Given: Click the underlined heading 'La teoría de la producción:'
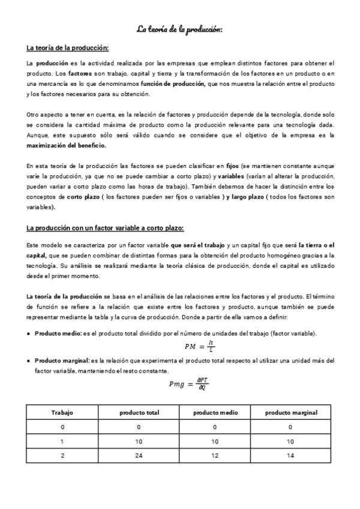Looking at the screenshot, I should point(67,48).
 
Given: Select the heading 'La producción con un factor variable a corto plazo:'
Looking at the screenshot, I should point(105,228).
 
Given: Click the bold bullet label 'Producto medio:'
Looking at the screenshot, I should point(58,333).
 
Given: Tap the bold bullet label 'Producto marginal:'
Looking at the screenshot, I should point(61,361).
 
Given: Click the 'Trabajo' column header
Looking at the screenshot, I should point(62,413).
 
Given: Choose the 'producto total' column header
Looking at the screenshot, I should point(139,413).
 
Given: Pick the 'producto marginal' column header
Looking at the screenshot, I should point(291,413).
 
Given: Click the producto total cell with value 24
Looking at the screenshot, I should point(139,456).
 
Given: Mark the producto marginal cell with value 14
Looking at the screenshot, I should point(291,456).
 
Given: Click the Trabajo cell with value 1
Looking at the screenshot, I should point(62,441).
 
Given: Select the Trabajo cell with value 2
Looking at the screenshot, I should point(62,456).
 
